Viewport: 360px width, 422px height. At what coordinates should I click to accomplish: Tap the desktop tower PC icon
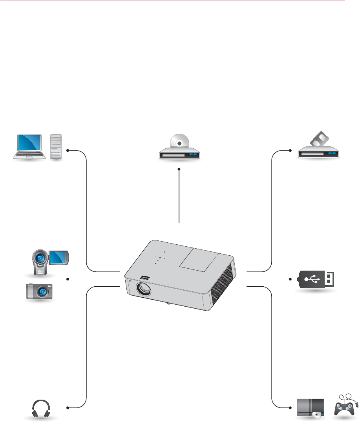(56, 146)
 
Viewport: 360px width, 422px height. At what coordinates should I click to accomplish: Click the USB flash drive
(318, 279)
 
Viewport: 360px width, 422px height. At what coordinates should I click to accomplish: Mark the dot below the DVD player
(179, 169)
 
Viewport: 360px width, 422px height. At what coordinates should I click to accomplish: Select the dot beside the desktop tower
(68, 150)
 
